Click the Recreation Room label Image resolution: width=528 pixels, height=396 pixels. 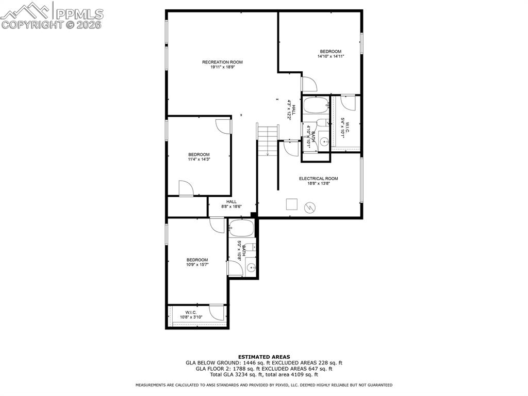point(222,62)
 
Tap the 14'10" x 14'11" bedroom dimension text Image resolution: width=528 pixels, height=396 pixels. point(331,56)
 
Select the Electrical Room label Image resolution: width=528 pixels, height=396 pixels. point(319,179)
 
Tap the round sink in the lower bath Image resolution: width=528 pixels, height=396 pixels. point(251,267)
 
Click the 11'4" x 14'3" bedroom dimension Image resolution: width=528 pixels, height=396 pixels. point(199,160)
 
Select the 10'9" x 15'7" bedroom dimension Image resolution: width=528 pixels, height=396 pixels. point(197,264)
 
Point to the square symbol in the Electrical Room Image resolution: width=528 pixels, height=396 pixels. point(292,204)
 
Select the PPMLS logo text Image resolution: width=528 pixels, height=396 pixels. point(79,13)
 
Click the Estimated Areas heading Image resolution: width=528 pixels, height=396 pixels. point(263,357)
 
